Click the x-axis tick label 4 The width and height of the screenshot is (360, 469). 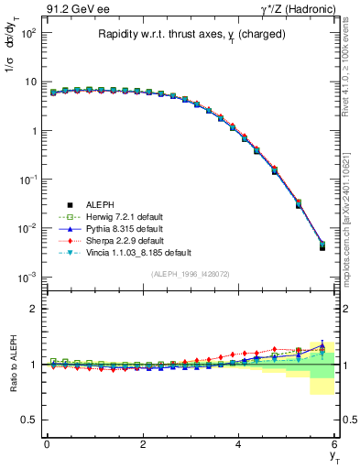click(x=239, y=444)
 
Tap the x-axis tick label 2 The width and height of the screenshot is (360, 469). click(x=143, y=444)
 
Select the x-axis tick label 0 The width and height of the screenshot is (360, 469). click(x=47, y=444)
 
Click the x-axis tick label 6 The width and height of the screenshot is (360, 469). click(x=335, y=444)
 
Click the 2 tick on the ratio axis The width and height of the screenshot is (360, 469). click(x=33, y=309)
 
